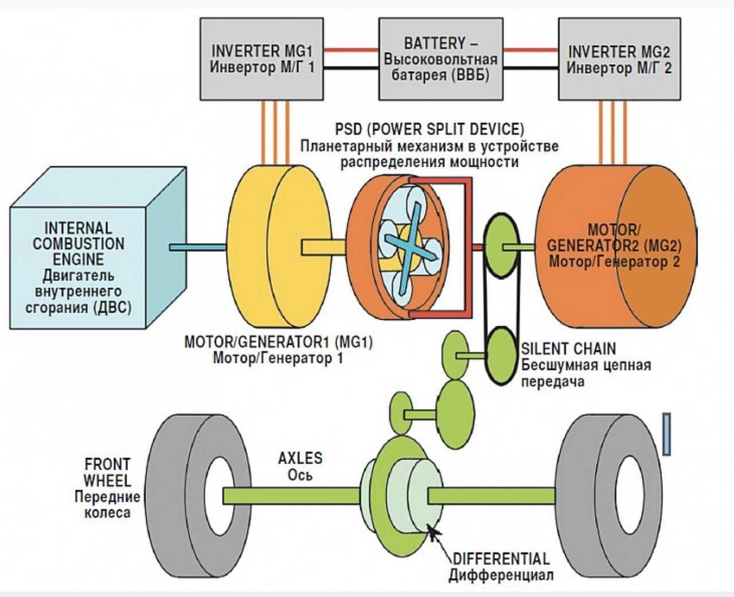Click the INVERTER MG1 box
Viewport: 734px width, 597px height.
pos(261,59)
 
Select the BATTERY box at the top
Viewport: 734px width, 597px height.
pos(441,59)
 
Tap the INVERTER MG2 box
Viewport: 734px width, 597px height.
pos(619,59)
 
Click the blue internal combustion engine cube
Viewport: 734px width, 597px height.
pos(98,248)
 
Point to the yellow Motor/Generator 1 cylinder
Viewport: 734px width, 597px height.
pos(279,246)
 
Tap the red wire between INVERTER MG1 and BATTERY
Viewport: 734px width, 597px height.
pos(351,50)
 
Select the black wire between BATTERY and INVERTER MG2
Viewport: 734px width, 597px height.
pos(530,68)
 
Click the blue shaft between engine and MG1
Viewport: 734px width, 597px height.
pos(198,247)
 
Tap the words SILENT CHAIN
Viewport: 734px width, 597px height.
pos(568,349)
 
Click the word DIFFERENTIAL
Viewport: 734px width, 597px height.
pos(501,559)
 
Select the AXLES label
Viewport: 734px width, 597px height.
pos(300,458)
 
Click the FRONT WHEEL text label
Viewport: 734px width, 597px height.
pos(107,473)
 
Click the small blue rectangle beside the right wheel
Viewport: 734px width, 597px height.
pos(667,434)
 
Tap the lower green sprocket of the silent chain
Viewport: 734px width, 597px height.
pos(502,356)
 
